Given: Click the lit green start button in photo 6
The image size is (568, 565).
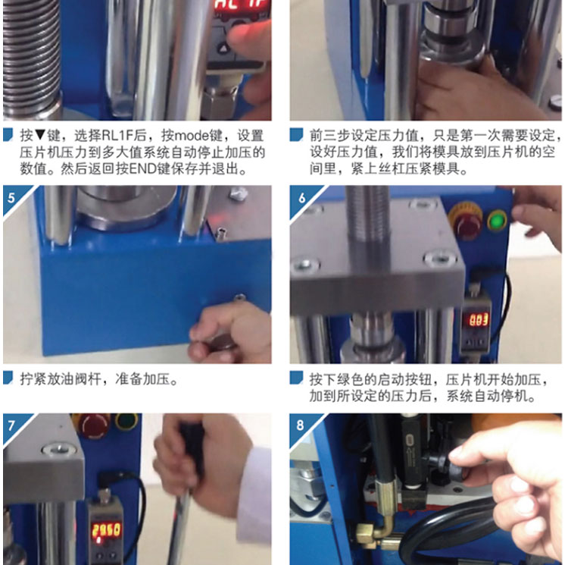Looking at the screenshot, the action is [498, 220].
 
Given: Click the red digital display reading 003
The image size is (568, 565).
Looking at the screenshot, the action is [479, 320].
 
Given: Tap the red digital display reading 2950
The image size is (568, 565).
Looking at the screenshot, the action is [106, 531].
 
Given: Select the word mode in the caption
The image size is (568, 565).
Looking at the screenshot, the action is [192, 136].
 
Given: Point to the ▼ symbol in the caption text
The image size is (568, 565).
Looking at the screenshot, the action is [40, 136].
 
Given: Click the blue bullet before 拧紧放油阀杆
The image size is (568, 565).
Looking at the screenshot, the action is [8, 377].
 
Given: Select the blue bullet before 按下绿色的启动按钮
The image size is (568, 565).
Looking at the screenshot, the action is [296, 378].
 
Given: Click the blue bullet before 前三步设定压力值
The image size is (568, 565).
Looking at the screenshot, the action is [296, 134].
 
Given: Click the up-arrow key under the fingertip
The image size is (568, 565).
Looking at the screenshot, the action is [223, 48].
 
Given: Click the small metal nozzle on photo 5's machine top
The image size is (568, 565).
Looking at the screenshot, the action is [220, 233].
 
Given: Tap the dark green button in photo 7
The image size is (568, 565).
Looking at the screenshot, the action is [126, 421].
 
